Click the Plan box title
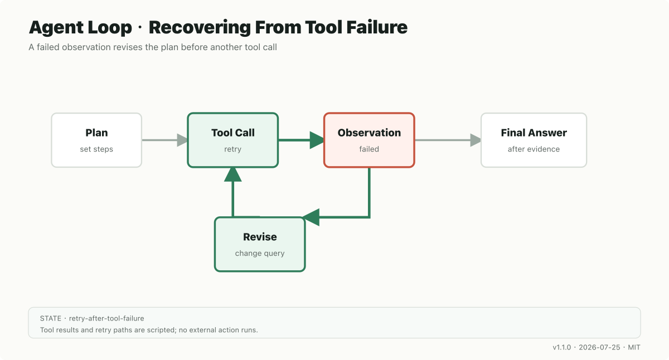[x=96, y=133]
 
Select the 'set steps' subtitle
[x=96, y=149]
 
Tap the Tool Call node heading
[x=233, y=133]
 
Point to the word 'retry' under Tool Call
[x=233, y=149]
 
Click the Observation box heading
[x=369, y=133]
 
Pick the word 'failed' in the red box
[x=369, y=149]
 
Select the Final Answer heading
[x=534, y=133]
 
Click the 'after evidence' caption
[x=534, y=149]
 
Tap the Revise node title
[x=260, y=237]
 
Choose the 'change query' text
[x=260, y=253]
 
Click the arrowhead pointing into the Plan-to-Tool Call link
[x=182, y=140]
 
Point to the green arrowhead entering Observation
[x=317, y=140]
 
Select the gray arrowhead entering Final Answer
[x=476, y=140]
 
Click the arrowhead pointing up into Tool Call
[x=232, y=174]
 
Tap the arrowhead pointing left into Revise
[x=312, y=217]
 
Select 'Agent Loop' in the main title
[x=80, y=27]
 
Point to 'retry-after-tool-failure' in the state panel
[x=106, y=319]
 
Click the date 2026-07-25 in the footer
[x=599, y=348]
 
